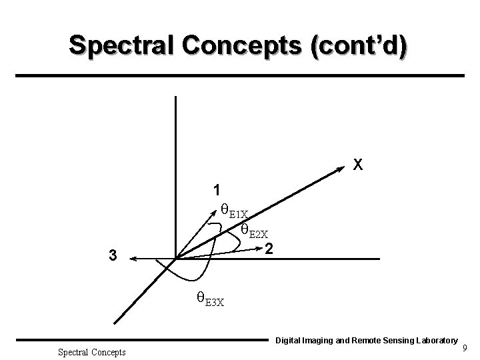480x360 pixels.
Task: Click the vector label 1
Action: point(217,189)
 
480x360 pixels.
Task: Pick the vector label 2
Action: point(268,250)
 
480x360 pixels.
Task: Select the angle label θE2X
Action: point(254,231)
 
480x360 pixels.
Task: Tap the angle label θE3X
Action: point(209,298)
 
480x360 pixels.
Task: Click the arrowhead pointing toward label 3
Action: point(132,259)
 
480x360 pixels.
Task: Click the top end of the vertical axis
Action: point(175,97)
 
